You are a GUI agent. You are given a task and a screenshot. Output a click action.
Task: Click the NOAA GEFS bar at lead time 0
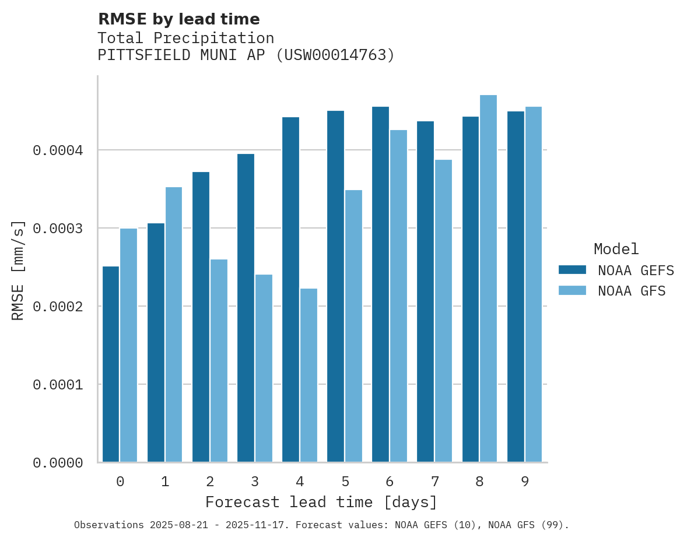111,364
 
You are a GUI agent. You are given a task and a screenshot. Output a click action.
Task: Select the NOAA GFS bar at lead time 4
309,375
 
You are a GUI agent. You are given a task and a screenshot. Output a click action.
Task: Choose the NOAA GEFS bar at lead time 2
201,317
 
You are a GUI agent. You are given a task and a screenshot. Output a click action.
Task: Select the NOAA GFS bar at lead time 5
353,326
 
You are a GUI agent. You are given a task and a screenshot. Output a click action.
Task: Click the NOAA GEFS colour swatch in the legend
572,270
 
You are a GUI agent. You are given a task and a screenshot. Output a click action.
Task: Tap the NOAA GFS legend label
632,290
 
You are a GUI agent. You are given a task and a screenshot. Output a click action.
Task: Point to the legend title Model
616,250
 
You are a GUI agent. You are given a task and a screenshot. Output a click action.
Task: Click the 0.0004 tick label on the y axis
58,150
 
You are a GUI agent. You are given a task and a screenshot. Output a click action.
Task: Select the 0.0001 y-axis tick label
58,385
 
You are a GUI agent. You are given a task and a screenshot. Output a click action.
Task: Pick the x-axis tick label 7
435,482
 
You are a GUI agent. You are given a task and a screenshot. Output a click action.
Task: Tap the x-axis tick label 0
120,482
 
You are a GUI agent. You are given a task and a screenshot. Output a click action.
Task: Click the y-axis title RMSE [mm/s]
18,270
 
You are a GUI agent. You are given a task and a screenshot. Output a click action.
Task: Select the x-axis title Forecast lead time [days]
321,502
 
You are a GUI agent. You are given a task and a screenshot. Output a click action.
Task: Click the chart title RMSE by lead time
178,19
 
